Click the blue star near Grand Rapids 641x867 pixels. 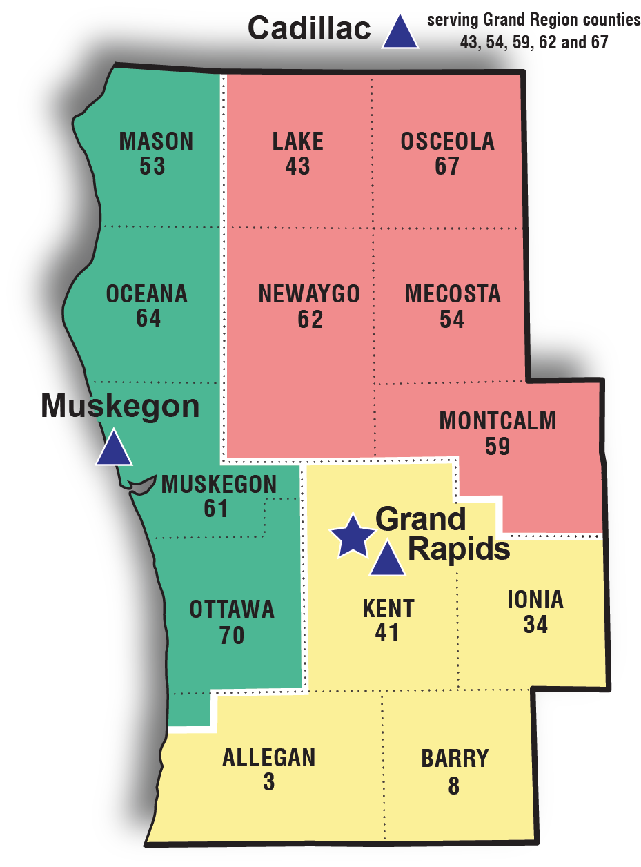[x=353, y=536]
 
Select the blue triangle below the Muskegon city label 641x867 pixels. [x=113, y=449]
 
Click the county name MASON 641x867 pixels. [x=157, y=142]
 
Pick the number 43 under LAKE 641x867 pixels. [x=298, y=167]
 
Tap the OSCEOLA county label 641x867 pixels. [x=447, y=142]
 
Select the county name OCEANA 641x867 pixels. [x=147, y=294]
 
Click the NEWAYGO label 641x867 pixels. [x=309, y=294]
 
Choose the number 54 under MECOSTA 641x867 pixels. [x=452, y=320]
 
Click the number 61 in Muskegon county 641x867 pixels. [x=216, y=509]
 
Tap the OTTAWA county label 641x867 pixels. [x=232, y=610]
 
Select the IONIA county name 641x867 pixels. [x=535, y=600]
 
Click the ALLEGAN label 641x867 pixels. [x=268, y=758]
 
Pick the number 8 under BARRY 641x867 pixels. [x=453, y=786]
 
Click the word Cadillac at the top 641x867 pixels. [x=309, y=29]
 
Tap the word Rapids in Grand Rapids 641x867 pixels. [x=459, y=549]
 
